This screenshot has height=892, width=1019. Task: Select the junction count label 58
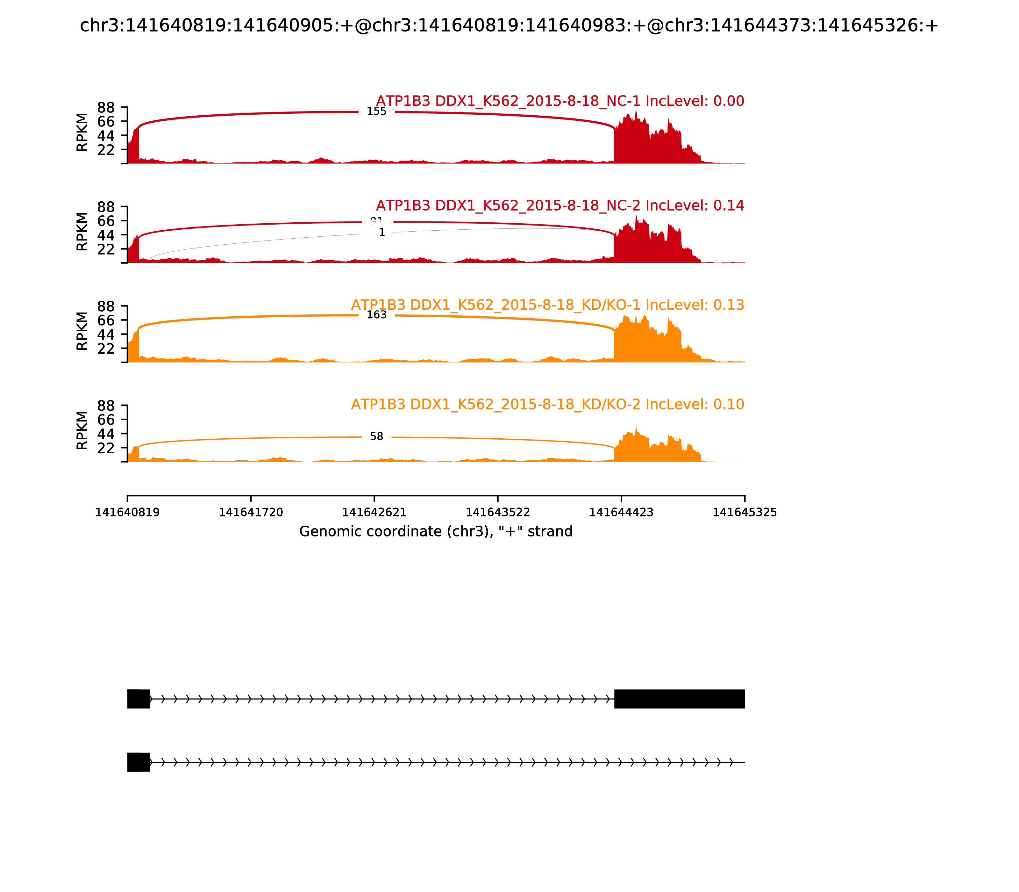pyautogui.click(x=377, y=436)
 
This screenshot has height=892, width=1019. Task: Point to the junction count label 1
pyautogui.click(x=381, y=233)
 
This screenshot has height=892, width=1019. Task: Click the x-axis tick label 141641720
pyautogui.click(x=251, y=513)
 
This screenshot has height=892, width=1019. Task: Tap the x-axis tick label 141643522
pyautogui.click(x=497, y=513)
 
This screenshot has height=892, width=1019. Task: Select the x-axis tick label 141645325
pyautogui.click(x=745, y=513)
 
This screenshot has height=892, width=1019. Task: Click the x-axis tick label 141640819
pyautogui.click(x=127, y=513)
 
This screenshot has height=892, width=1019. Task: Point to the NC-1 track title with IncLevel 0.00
pyautogui.click(x=560, y=101)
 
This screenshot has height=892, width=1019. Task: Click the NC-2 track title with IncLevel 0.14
pyautogui.click(x=560, y=205)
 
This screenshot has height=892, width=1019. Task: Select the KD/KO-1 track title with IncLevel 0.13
pyautogui.click(x=547, y=305)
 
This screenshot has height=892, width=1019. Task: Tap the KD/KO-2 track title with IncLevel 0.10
pyautogui.click(x=547, y=404)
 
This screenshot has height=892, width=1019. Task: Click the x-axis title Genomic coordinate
pyautogui.click(x=436, y=532)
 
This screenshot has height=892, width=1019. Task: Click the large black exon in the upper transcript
pyautogui.click(x=679, y=699)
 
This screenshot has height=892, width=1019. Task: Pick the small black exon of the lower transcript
pyautogui.click(x=138, y=762)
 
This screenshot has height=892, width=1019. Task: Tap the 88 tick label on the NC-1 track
pyautogui.click(x=106, y=108)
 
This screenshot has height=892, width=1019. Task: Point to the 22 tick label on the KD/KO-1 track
pyautogui.click(x=106, y=349)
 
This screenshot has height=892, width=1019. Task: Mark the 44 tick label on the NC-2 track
pyautogui.click(x=106, y=235)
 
